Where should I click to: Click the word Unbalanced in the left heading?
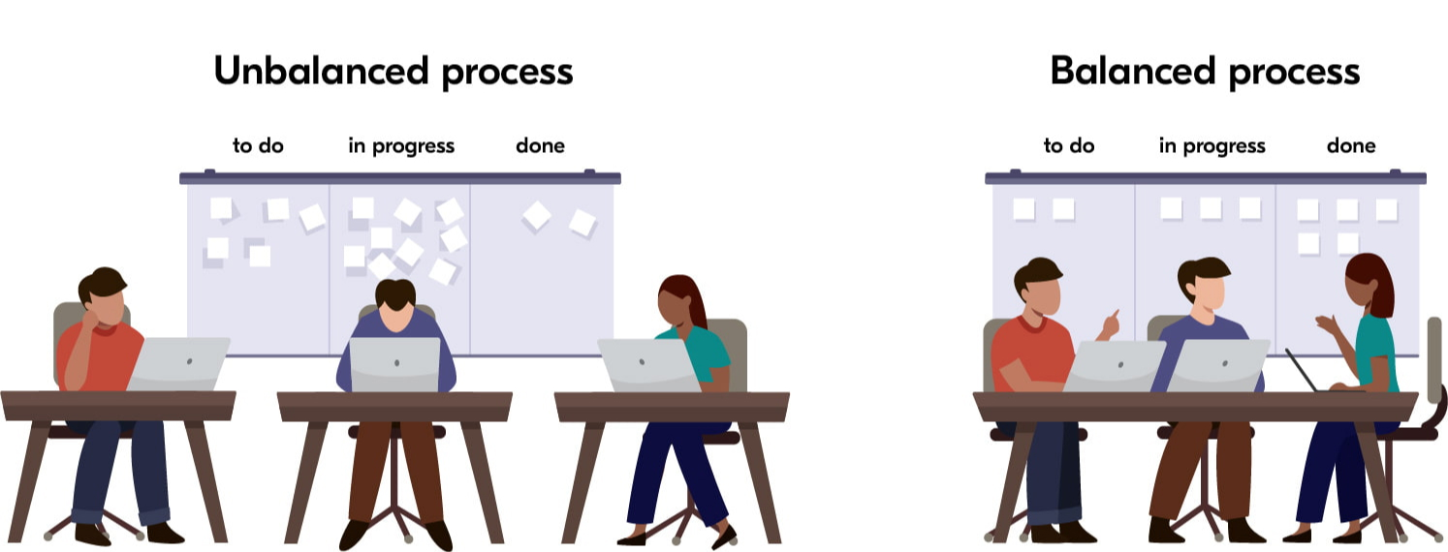(x=321, y=71)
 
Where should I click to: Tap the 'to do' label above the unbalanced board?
(x=258, y=145)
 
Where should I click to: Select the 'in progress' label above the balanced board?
(x=1212, y=146)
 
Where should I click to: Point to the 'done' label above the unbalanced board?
(x=540, y=145)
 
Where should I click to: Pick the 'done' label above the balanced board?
(x=1351, y=145)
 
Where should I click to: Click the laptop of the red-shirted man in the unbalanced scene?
(x=179, y=363)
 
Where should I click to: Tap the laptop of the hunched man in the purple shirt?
(x=395, y=365)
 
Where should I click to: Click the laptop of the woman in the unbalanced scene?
(x=648, y=365)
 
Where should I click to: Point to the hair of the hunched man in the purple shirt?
(x=395, y=293)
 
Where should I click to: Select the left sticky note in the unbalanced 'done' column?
(x=537, y=216)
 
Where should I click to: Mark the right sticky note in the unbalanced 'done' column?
(x=582, y=223)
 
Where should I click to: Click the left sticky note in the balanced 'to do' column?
(x=1023, y=209)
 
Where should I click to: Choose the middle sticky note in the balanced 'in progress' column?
(x=1211, y=208)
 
